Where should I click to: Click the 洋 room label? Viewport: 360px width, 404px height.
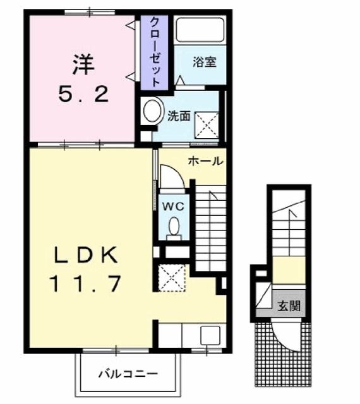(82, 64)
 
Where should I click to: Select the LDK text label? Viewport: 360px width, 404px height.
(85, 256)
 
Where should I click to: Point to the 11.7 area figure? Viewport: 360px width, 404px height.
(85, 284)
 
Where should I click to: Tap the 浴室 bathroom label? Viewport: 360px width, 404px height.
(205, 62)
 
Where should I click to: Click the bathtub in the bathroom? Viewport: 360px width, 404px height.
(200, 30)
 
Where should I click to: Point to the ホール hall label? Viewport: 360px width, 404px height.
(205, 162)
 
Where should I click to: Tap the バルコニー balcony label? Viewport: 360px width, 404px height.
(128, 373)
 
